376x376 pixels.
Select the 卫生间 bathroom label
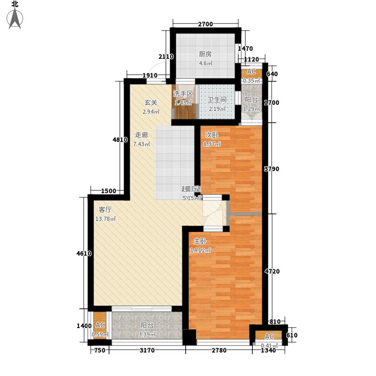tap(217, 100)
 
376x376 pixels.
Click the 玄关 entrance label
tap(150, 102)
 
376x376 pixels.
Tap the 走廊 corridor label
tap(141, 134)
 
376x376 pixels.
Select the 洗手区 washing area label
tap(183, 94)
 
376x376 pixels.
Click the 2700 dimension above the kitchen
tap(205, 24)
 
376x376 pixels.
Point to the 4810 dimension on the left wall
tap(120, 140)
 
